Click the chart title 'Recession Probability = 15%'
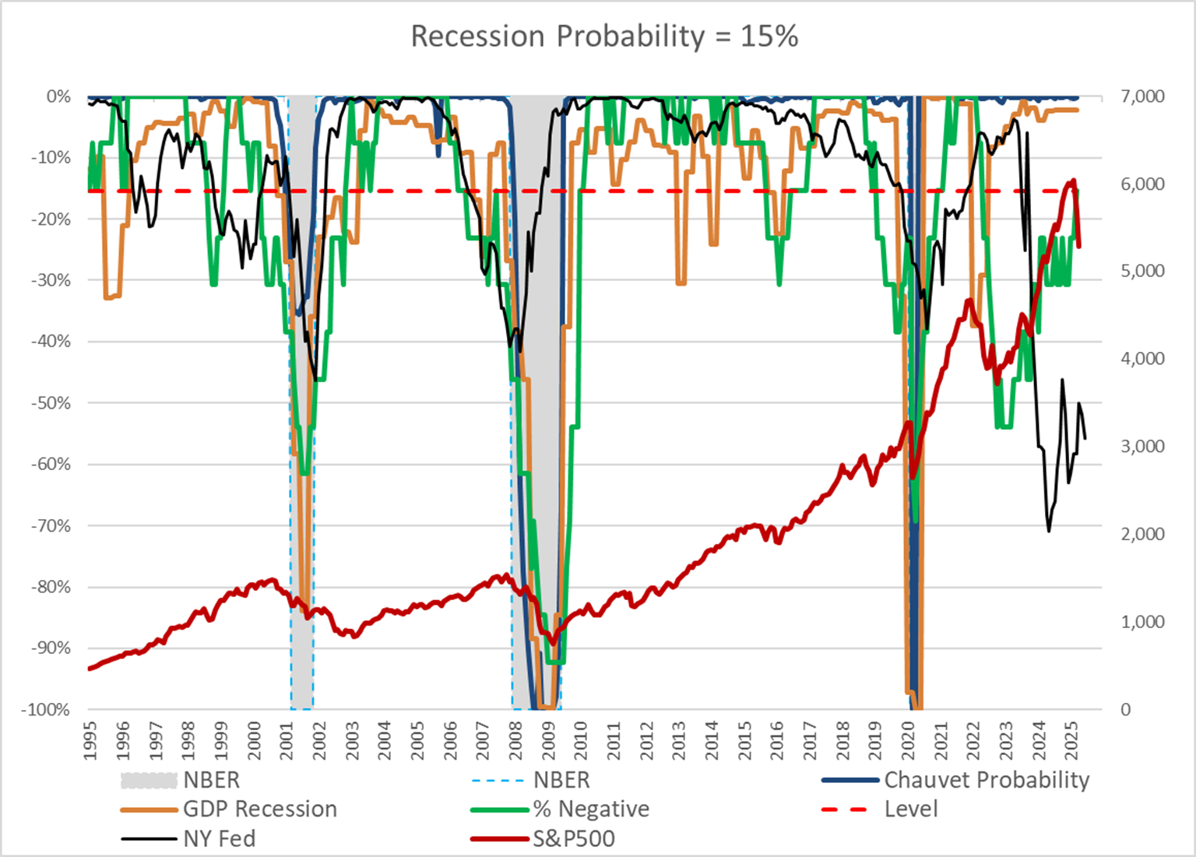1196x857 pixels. pyautogui.click(x=604, y=37)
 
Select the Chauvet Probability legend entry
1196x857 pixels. pyautogui.click(x=986, y=780)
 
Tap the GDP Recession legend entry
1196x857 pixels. pyautogui.click(x=259, y=810)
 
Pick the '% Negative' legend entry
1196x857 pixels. pyautogui.click(x=591, y=810)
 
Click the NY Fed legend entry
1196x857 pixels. pyautogui.click(x=219, y=839)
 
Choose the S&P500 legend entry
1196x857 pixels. pyautogui.click(x=574, y=839)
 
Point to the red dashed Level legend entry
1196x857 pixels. pyautogui.click(x=910, y=810)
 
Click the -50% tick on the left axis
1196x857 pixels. pyautogui.click(x=51, y=403)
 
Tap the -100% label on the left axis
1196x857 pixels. pyautogui.click(x=48, y=710)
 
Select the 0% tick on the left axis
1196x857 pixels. pyautogui.click(x=58, y=97)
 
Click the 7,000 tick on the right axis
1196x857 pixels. pyautogui.click(x=1142, y=97)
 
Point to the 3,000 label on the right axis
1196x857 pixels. pyautogui.click(x=1142, y=447)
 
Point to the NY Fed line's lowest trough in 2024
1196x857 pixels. pyautogui.click(x=1049, y=531)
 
